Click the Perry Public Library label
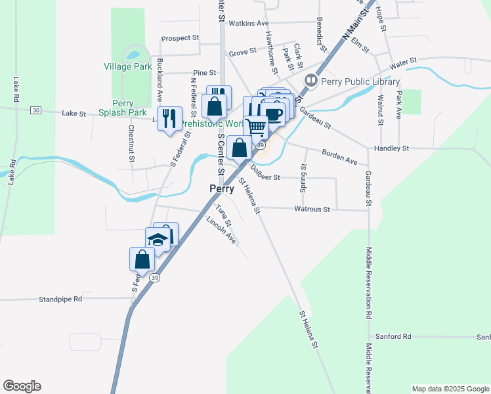359,81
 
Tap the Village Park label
127,66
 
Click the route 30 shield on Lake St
35,110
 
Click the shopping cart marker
257,127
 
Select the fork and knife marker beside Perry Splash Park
170,119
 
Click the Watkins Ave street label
249,23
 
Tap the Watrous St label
312,209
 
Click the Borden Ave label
339,157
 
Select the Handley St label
391,148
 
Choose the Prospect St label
180,38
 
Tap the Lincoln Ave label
221,231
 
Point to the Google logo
22,386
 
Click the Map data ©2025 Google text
450,389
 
